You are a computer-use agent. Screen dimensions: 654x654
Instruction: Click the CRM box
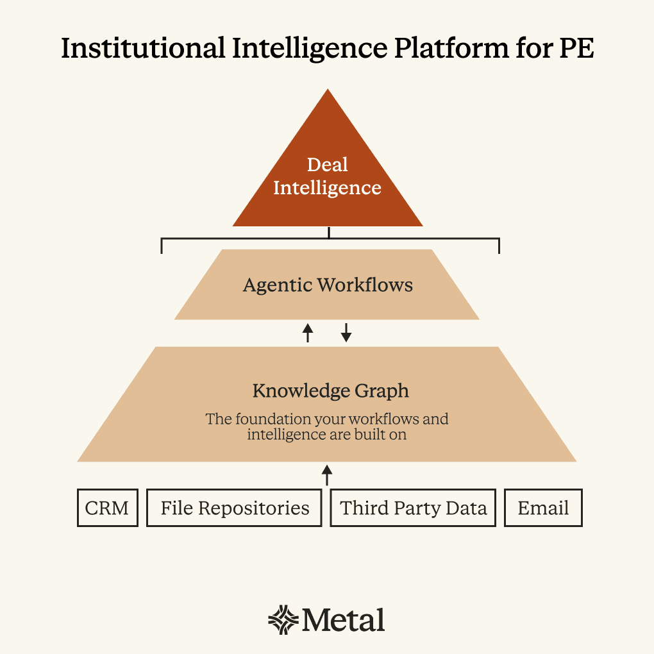click(x=107, y=508)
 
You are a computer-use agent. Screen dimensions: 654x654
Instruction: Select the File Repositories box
click(x=234, y=508)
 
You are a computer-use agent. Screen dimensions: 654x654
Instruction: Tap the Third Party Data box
click(x=413, y=508)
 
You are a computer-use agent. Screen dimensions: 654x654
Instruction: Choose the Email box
click(x=543, y=508)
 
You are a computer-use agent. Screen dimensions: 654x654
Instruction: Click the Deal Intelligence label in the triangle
click(x=327, y=176)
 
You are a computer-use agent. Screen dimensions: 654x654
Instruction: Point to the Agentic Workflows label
click(x=328, y=285)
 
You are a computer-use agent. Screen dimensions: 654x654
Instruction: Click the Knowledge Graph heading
click(x=330, y=390)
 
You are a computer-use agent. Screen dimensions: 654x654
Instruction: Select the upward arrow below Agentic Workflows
click(x=308, y=332)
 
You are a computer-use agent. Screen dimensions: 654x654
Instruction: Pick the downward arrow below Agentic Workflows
click(x=346, y=332)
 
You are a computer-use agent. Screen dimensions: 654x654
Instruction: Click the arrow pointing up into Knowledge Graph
click(x=327, y=475)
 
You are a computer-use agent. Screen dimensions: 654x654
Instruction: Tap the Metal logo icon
click(x=283, y=619)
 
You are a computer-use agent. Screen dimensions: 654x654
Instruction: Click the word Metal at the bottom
click(x=344, y=620)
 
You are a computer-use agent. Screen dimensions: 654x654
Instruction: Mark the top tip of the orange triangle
click(x=328, y=91)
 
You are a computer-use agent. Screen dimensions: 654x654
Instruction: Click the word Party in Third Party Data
click(x=414, y=508)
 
